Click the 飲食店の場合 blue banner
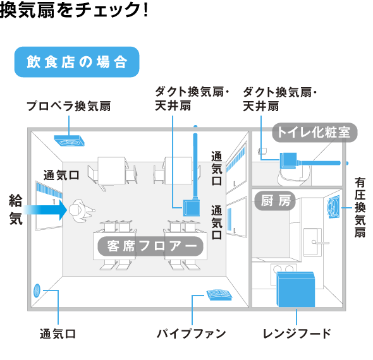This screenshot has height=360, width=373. coord(77,62)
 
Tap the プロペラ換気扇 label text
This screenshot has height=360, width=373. coord(69,106)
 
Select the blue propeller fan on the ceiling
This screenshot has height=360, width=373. coord(69,140)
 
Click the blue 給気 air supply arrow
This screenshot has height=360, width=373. coord(45,210)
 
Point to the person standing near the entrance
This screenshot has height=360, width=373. coord(80,210)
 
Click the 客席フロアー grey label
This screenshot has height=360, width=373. coord(150,246)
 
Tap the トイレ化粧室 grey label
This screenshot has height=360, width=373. coord(314,133)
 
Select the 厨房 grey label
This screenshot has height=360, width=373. coord(275,201)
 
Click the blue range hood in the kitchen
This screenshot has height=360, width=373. coord(296,289)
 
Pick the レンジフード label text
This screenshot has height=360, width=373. coord(297,333)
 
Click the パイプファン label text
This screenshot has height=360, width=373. coord(192,333)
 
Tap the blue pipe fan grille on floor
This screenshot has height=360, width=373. coord(219,295)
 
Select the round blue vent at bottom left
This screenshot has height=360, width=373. coord(37,291)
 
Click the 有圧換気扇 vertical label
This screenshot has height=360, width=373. coord(360,208)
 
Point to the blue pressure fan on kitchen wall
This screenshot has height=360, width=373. coord(333,207)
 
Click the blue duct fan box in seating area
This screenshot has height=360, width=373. coord(192,208)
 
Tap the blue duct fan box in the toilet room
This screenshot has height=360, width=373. coord(288,160)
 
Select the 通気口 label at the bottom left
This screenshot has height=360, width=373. coord(58,334)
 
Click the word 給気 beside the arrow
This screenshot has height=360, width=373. coord(16,210)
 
